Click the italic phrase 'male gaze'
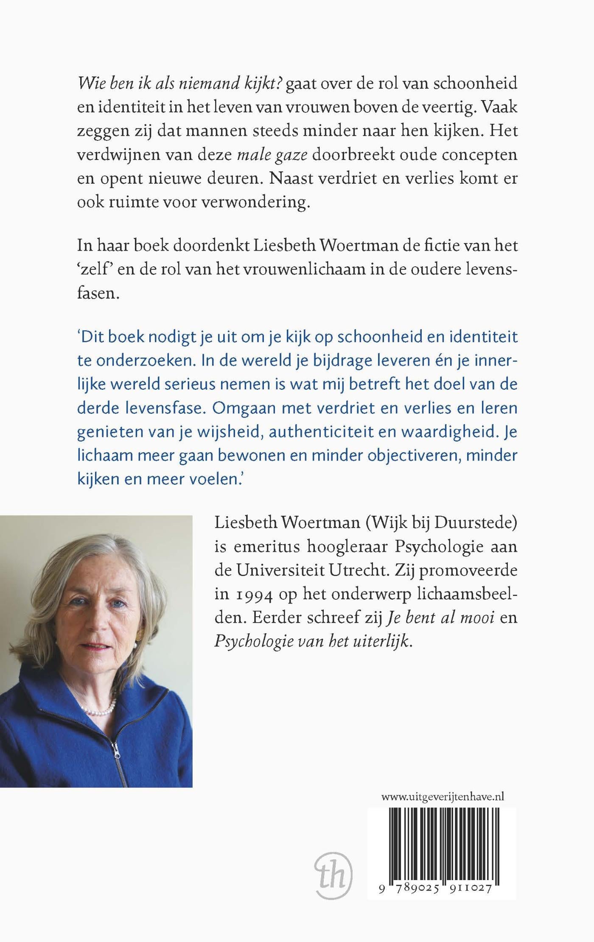(x=272, y=155)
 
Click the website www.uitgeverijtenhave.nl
(x=443, y=797)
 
